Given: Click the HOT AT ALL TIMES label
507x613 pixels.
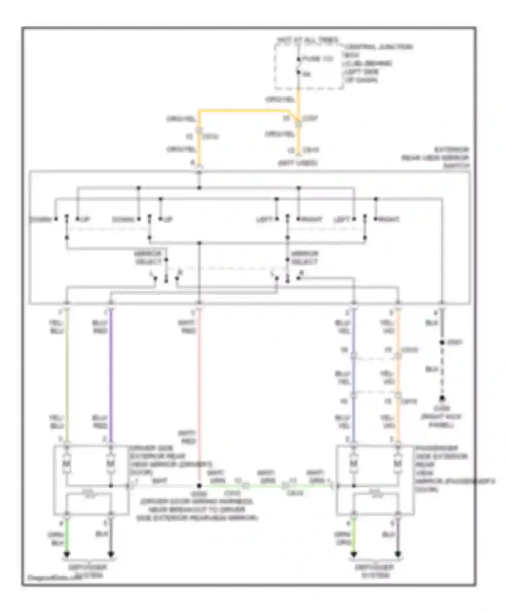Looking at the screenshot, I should pos(308,40).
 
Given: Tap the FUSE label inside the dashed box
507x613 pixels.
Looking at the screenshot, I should pos(317,59).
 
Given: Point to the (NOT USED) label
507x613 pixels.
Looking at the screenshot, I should pos(297,163).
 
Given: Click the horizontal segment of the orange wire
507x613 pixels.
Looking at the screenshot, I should pos(243,111).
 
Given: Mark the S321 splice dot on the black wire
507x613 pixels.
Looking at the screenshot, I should pos(441,342).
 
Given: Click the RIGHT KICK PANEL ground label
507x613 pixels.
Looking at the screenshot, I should pos(441,421).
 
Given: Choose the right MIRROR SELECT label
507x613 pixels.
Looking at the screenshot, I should pos(305,258).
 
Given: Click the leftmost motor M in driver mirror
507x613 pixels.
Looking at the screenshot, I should pos(67,463).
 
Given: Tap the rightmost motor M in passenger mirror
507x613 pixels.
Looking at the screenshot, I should pos(398,463).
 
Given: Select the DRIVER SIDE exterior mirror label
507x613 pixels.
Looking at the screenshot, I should pos(169,460).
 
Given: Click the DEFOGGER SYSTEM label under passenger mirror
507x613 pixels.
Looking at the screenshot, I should pos(375,571).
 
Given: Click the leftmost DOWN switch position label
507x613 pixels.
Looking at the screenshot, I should pos(41,219).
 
